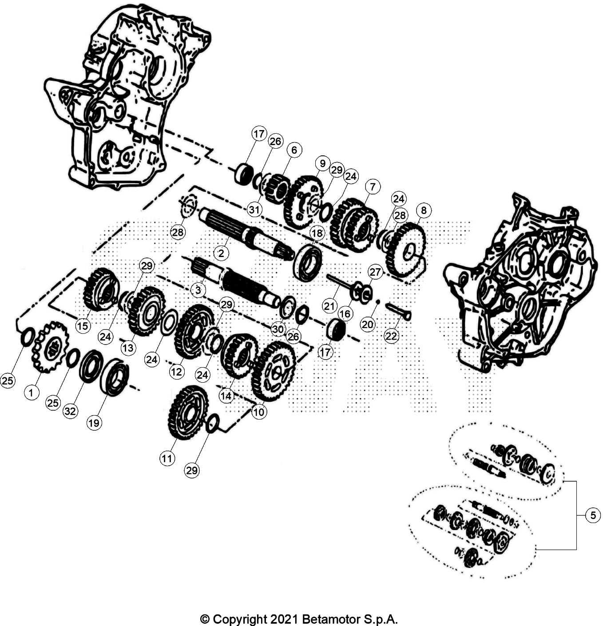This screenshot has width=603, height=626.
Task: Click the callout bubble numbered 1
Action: point(31,392)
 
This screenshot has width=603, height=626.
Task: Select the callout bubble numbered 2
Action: point(221,253)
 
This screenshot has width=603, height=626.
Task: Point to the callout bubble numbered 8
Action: point(423,210)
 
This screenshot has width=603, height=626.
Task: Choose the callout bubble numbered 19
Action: point(94,423)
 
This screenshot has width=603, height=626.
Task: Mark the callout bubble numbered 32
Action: point(70,411)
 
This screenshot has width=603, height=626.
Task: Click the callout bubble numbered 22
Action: point(391,336)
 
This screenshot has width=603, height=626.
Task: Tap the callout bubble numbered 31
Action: point(254,210)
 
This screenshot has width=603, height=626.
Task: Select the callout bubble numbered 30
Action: point(278,329)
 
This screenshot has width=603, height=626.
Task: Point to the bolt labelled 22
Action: point(397,311)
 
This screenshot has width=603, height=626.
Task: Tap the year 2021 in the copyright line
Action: point(284,619)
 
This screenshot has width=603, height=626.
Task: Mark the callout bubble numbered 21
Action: point(329,306)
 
